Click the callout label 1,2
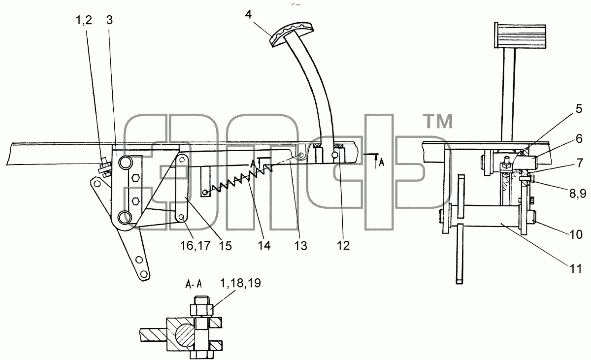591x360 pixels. [84, 20]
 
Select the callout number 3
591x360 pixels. [109, 20]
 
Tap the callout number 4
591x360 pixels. [248, 15]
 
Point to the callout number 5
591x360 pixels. [579, 109]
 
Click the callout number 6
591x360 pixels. [579, 139]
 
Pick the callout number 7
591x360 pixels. [579, 163]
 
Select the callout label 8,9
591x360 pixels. [578, 194]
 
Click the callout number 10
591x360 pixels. [576, 234]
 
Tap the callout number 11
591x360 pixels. [575, 269]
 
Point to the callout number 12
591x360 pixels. [343, 245]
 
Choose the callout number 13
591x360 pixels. [301, 246]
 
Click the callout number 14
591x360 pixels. [264, 246]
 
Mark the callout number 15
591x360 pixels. [225, 246]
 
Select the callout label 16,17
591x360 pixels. [195, 246]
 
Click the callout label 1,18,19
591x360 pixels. [240, 283]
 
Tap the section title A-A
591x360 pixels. [194, 284]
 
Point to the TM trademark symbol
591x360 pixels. [438, 121]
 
